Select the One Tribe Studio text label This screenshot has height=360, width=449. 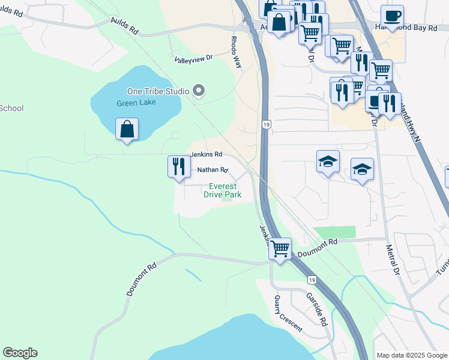158,91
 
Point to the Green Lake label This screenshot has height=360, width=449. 136,102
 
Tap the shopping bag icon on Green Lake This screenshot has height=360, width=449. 127,130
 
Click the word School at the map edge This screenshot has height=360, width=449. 11,108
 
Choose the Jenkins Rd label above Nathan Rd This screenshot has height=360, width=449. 206,154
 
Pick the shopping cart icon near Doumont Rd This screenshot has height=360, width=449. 280,249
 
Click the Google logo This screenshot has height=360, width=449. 20,353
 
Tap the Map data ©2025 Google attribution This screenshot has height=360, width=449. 411,355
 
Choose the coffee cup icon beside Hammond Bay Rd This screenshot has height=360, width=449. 392,16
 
